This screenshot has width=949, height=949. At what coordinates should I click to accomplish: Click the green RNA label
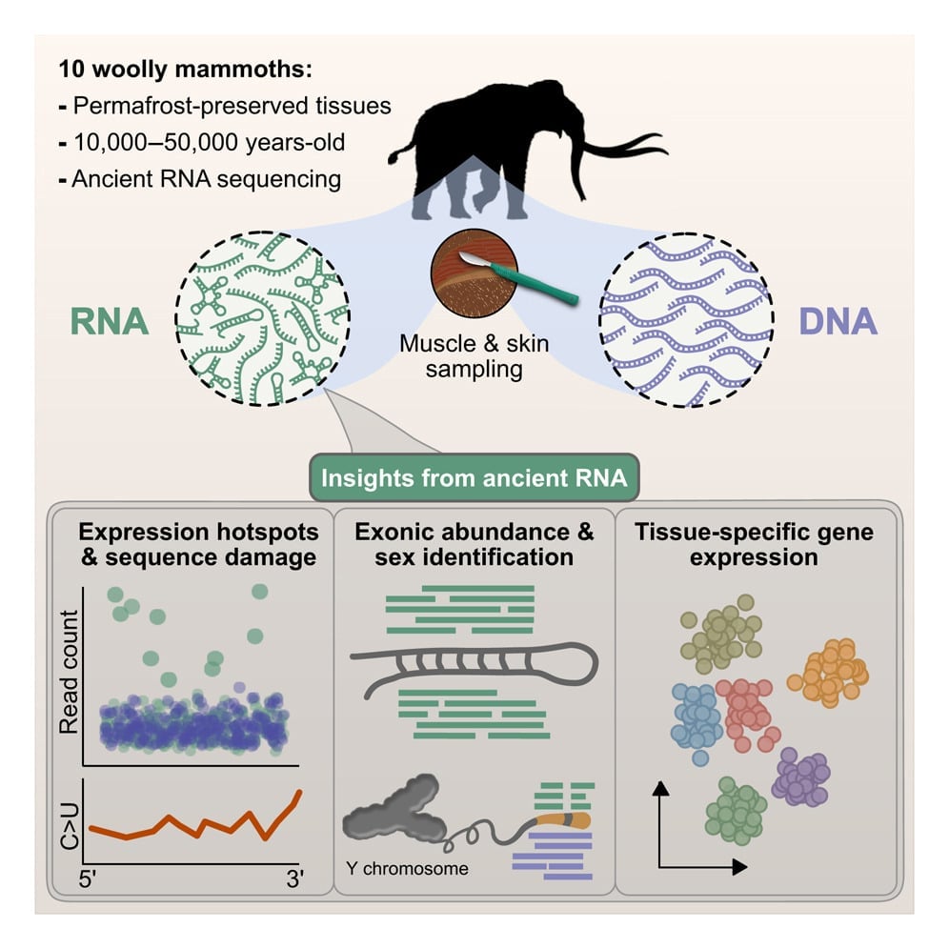[x=109, y=322]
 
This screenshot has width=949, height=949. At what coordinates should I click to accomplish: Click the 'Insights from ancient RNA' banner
[x=474, y=477]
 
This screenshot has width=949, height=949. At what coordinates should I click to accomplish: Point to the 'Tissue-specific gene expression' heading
[x=753, y=544]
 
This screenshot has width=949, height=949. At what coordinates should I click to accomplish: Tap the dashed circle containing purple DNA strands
[x=685, y=320]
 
